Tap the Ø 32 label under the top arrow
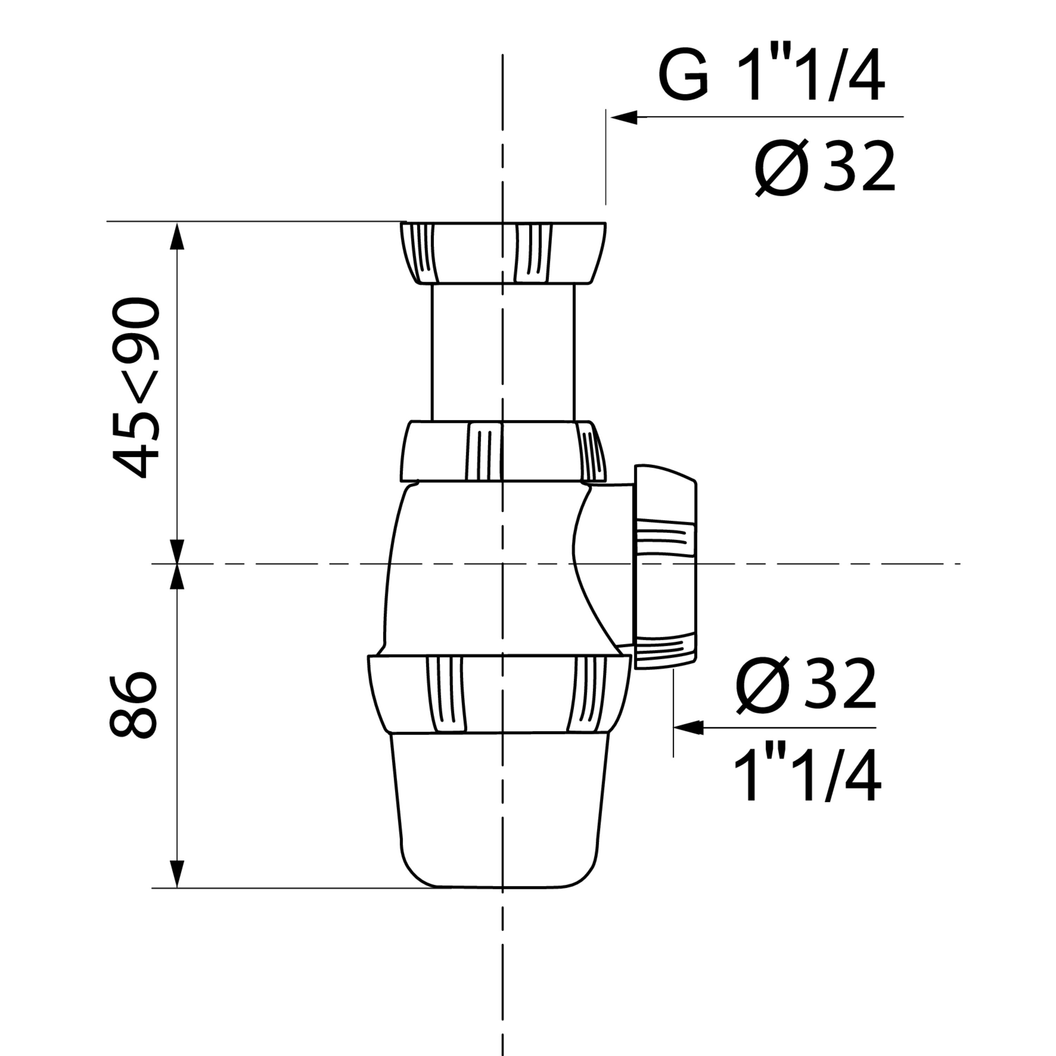pyautogui.click(x=825, y=167)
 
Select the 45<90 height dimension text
pyautogui.click(x=135, y=388)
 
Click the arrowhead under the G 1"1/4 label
pyautogui.click(x=624, y=117)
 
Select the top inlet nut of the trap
pyautogui.click(x=503, y=253)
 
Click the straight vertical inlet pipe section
pyautogui.click(x=503, y=353)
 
